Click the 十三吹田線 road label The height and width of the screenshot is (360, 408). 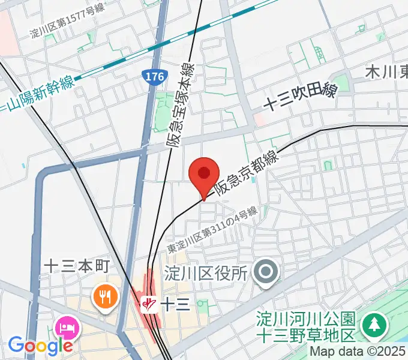[300, 97]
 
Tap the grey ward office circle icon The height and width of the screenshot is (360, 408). [265, 273]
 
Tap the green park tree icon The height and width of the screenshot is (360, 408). [374, 325]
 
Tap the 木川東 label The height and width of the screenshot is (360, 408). [387, 72]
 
